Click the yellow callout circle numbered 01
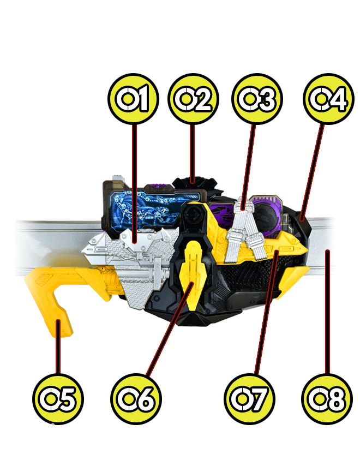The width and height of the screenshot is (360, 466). point(133,98)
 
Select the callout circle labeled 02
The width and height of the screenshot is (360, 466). point(193,98)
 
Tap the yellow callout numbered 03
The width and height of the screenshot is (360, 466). point(257,98)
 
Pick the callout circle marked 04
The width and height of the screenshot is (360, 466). point(328,98)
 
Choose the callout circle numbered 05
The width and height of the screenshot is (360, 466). point(58,399)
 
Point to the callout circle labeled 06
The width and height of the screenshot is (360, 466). point(136,399)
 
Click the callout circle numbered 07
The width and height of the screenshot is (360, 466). point(249,399)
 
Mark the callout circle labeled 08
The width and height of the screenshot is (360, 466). point(327,399)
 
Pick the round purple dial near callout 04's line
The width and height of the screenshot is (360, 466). point(266,215)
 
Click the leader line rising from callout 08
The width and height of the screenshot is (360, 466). point(327,312)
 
